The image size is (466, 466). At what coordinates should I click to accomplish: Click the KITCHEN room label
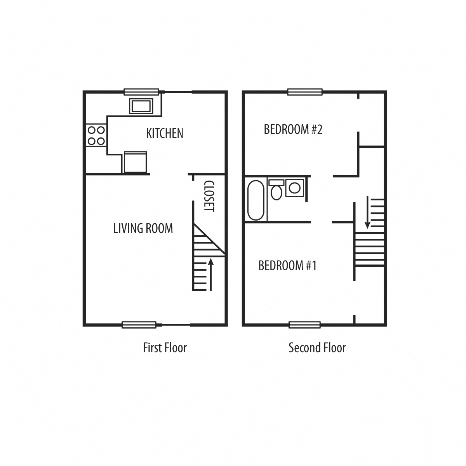point(164,133)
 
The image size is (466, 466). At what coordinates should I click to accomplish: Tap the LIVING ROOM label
point(143,228)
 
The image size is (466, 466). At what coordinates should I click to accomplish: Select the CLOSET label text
point(209,196)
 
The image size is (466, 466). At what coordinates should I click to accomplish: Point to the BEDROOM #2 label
point(293,129)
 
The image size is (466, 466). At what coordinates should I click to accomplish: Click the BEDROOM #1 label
point(287,266)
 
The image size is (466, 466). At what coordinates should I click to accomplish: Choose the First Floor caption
point(165,348)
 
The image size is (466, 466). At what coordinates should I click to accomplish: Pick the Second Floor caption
point(317,348)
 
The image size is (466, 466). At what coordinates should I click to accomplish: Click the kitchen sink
point(141,106)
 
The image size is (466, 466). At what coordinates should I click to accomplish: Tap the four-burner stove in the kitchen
point(96,136)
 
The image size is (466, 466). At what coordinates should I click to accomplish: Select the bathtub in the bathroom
point(256,200)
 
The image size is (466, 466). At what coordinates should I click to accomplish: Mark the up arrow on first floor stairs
point(211,275)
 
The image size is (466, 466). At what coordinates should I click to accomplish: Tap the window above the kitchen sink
point(141,92)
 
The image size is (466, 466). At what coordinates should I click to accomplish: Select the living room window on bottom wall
point(139,325)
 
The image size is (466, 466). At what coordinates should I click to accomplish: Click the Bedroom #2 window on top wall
point(305,92)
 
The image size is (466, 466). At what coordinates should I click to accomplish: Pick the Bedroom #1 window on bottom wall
point(305,325)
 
